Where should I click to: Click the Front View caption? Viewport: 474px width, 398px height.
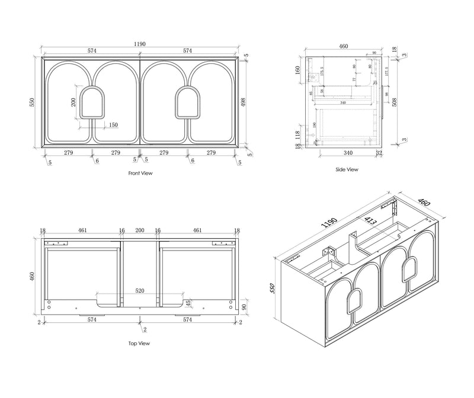coord(140,174)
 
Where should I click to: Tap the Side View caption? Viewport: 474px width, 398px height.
coord(347,169)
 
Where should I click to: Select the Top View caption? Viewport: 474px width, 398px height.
coord(140,343)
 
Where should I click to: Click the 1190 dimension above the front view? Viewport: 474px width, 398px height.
coord(140,44)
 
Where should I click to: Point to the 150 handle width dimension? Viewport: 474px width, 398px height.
coord(113,125)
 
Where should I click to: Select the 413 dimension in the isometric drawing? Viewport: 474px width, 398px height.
coord(371,223)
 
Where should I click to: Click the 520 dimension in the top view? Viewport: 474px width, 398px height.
coord(140,292)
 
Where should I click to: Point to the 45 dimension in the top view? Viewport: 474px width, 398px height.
coord(188,304)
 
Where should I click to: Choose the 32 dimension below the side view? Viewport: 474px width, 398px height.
coord(378,153)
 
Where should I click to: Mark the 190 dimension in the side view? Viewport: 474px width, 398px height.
coord(315,126)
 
